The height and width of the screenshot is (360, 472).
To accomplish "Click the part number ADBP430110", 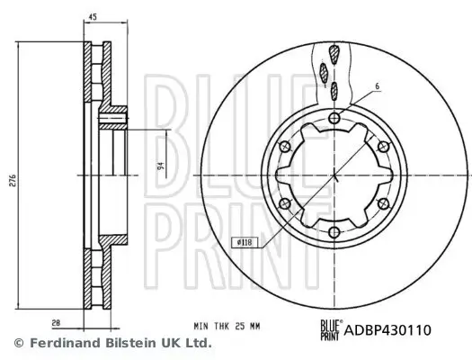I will tap(389, 329).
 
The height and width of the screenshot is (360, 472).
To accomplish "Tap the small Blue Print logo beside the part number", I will tap(331, 328).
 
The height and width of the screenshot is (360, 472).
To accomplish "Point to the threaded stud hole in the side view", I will tap(114, 116).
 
